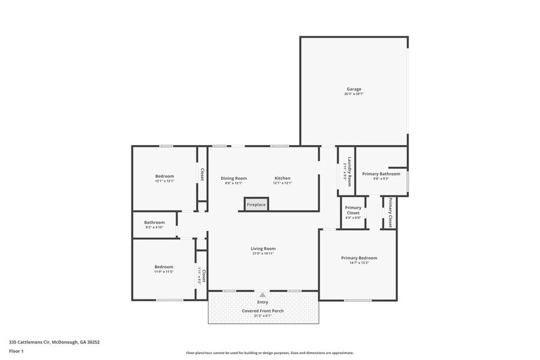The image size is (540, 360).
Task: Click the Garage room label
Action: [x=354, y=89]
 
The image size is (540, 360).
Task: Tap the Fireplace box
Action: [x=257, y=204]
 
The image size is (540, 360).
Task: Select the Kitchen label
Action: [x=282, y=178]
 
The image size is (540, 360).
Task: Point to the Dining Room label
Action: [x=234, y=178]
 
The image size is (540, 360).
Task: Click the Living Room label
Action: [x=263, y=249]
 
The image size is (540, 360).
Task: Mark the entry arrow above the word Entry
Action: [x=263, y=294]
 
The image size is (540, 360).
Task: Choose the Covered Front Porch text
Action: [x=263, y=311]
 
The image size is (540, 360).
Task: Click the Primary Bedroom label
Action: [x=359, y=258]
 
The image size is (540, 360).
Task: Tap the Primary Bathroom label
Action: [x=381, y=174]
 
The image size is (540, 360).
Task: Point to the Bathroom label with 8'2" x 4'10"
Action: [x=154, y=222]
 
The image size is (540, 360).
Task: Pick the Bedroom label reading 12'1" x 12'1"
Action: [x=164, y=176]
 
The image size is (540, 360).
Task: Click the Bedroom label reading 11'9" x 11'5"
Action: [x=163, y=267]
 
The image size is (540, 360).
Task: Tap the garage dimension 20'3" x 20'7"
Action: [x=354, y=94]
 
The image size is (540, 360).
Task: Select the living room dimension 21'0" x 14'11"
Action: [x=263, y=254]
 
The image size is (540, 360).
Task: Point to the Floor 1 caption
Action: [x=17, y=351]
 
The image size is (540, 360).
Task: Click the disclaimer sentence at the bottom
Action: [x=269, y=353]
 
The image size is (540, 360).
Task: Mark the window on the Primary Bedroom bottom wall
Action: [x=358, y=300]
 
